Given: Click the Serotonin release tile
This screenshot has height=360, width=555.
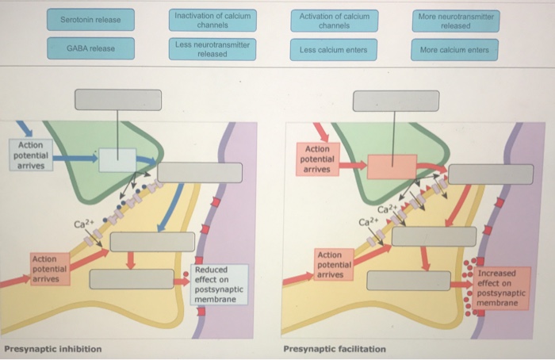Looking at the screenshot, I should point(91,20).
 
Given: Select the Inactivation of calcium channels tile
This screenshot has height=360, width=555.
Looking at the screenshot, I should point(212,20).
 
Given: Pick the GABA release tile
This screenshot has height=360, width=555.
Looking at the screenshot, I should point(91,49).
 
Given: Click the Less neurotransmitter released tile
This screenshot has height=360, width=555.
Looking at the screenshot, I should point(212,49).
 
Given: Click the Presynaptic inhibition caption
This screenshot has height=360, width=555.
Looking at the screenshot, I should point(52,349).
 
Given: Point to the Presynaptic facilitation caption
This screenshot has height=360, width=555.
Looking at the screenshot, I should point(335,349).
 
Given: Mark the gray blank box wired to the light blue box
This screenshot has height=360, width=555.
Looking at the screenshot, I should point(119,100).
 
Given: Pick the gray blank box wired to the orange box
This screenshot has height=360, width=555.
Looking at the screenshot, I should point(396,101).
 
